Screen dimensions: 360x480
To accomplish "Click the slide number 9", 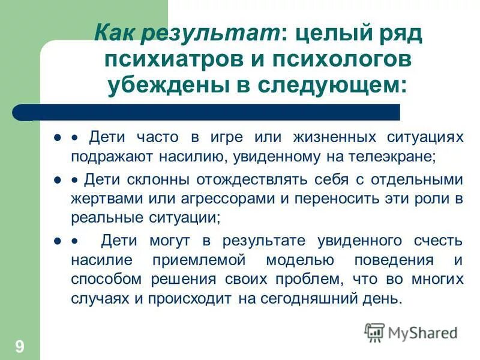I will coord(20,346).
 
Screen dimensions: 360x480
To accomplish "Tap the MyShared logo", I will coord(411,332).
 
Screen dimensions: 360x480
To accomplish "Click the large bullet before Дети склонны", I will coord(58,179).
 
